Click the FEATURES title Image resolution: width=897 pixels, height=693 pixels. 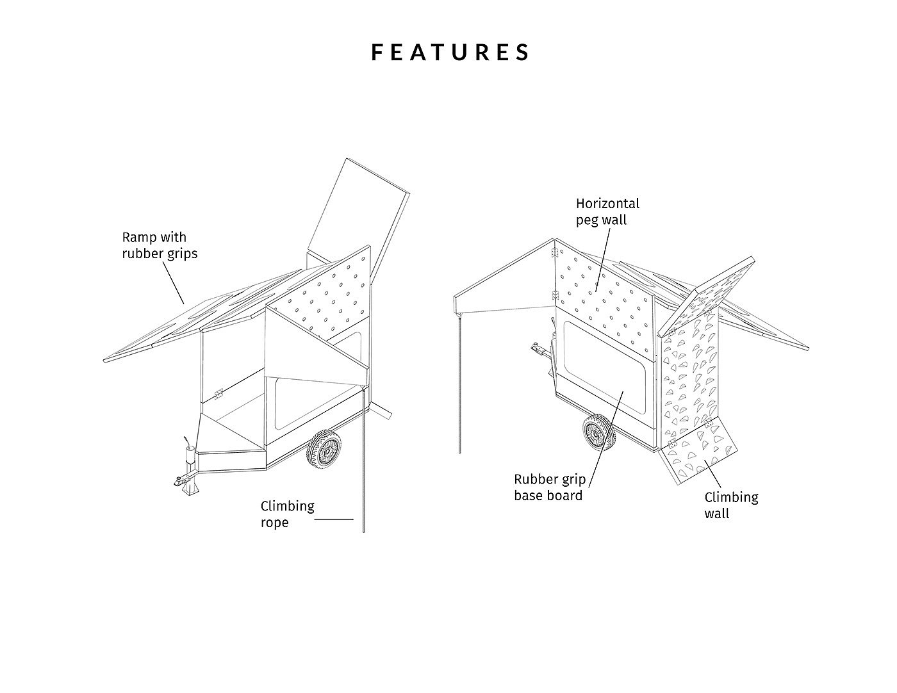click(451, 52)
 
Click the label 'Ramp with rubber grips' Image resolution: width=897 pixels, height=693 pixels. click(160, 245)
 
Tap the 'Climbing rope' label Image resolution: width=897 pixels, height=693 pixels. click(288, 514)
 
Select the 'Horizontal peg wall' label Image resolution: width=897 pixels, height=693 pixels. click(607, 211)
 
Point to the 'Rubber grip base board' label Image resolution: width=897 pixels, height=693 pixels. click(549, 487)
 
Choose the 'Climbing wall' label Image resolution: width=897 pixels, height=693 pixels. click(731, 505)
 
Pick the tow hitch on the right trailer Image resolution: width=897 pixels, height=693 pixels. click(539, 350)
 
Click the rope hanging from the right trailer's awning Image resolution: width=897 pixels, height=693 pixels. click(460, 384)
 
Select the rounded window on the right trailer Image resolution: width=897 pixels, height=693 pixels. click(602, 366)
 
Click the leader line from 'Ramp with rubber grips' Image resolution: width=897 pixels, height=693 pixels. click(172, 282)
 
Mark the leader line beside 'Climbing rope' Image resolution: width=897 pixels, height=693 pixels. click(334, 519)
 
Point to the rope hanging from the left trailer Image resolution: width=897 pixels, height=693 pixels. click(363, 461)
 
